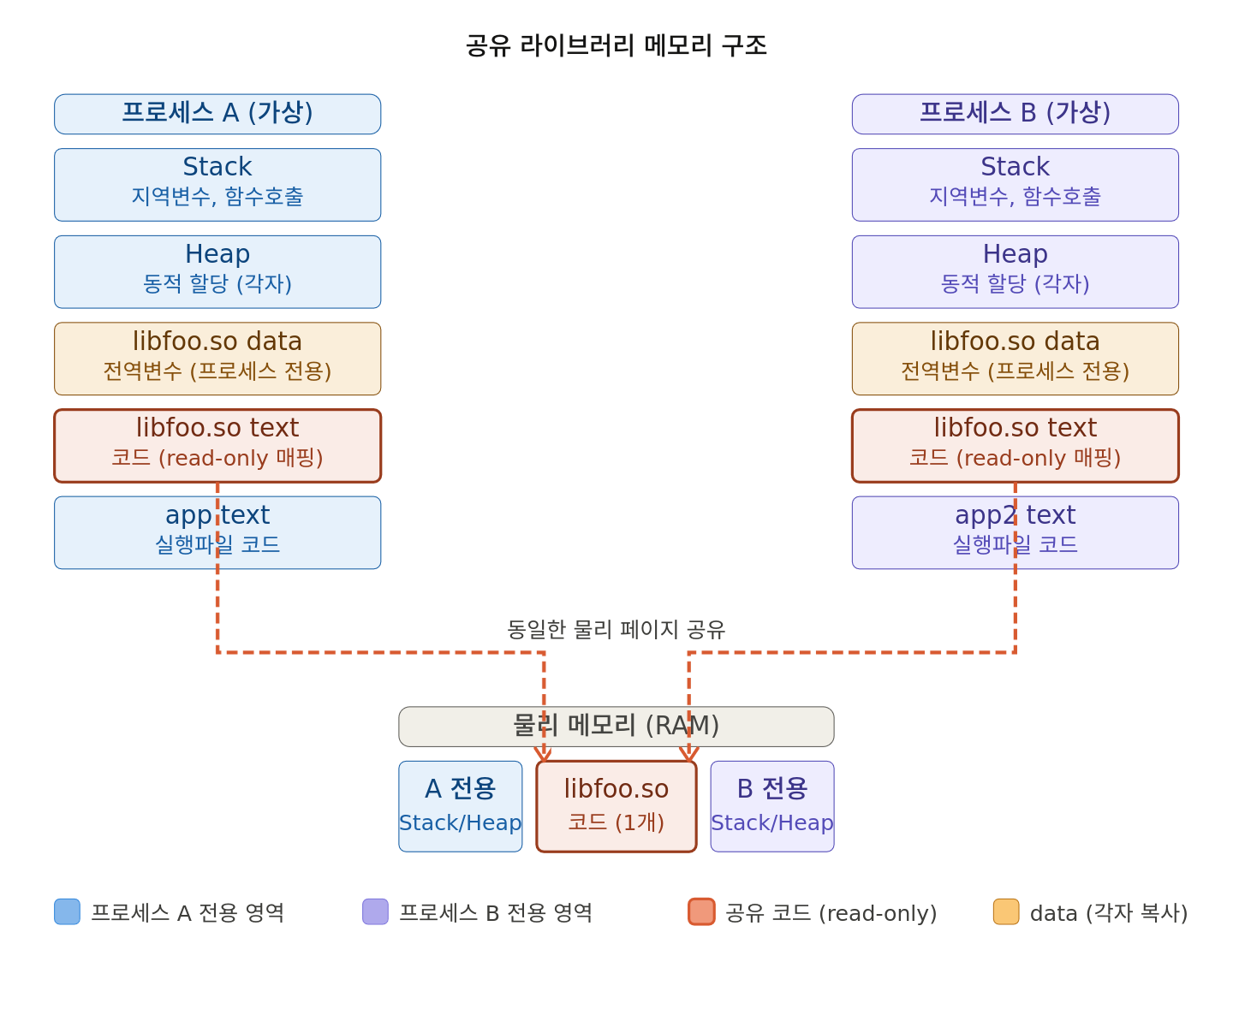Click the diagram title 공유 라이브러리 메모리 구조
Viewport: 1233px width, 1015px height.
pos(616,45)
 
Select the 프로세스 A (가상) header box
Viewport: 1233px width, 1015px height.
pos(217,114)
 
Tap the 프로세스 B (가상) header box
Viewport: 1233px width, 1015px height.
pos(1015,114)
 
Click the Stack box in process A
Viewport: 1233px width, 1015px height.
pos(217,185)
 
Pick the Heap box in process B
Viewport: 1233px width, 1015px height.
pos(1015,272)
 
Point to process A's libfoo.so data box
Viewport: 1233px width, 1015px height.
pos(217,359)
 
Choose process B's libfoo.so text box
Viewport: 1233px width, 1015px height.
pos(1015,446)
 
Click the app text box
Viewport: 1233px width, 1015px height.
pos(217,532)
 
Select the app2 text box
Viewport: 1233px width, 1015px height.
pos(1015,532)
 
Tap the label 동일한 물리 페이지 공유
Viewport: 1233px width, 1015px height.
pos(616,630)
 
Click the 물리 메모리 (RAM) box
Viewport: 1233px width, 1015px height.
pos(616,727)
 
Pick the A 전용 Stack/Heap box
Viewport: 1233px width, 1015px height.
pos(461,806)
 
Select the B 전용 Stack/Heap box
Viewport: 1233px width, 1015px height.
pos(772,806)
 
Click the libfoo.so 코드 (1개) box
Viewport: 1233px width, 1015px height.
pos(616,806)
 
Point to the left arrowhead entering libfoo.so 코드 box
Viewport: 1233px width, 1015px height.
pos(543,755)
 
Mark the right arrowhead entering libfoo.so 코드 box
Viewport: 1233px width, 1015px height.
pos(688,755)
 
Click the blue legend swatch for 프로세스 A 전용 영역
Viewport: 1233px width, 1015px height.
pos(67,911)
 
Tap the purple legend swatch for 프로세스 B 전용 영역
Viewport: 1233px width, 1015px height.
pos(375,911)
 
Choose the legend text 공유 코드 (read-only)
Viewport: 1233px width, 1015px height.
pos(831,913)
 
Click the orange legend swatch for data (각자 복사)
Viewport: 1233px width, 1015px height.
pos(1006,911)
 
